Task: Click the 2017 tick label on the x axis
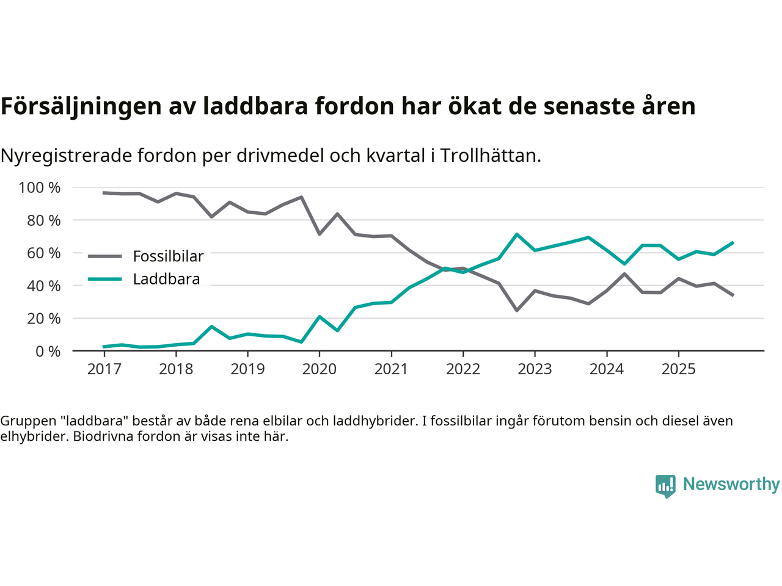coord(104,369)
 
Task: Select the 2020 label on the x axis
coord(319,369)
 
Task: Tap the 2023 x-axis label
coord(535,369)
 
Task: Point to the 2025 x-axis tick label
coord(678,369)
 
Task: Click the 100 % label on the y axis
coord(40,188)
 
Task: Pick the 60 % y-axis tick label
coord(43,253)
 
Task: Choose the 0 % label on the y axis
coord(48,352)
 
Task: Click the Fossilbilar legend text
coord(168,256)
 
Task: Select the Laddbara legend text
coord(166,280)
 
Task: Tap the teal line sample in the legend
coord(105,280)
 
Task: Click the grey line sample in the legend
coord(105,256)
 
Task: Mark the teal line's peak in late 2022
coord(517,234)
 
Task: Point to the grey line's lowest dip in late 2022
coord(517,310)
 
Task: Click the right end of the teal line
coord(733,242)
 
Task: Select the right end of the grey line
coord(733,295)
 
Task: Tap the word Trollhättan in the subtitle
coord(490,156)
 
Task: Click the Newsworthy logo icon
coord(665,486)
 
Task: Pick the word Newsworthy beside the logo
coord(731,484)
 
